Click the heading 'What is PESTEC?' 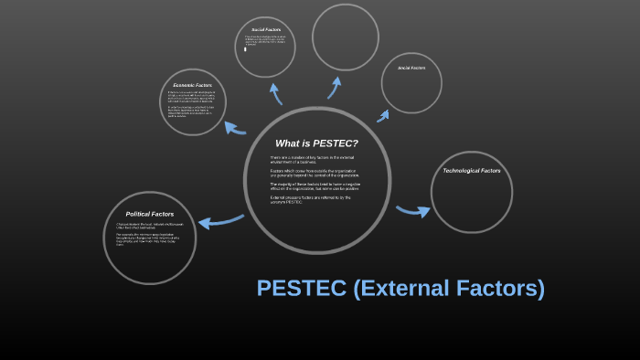(316, 143)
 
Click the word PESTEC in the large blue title (301, 289)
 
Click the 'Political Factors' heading (150, 214)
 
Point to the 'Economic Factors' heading (192, 85)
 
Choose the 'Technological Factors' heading (472, 171)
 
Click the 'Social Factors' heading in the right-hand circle (411, 68)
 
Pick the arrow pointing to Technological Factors (412, 211)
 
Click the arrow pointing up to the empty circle (336, 87)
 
